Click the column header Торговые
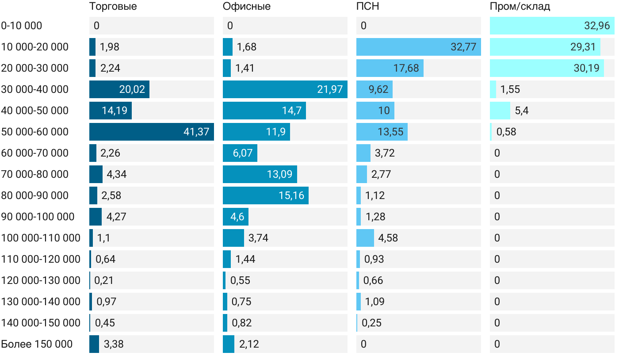pos(113,7)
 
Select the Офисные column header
pos(247,7)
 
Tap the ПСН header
pos(368,7)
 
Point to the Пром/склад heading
pos(520,7)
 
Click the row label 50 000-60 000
pos(35,132)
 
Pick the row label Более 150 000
pos(37,344)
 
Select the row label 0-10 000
pos(22,26)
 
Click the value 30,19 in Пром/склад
pos(586,68)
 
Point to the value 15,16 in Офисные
pos(291,195)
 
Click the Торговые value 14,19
pos(115,111)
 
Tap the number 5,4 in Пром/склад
pos(522,111)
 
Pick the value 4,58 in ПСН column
pos(388,238)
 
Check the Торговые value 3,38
pos(114,344)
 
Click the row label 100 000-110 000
pos(41,238)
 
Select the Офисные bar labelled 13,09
pos(260,174)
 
